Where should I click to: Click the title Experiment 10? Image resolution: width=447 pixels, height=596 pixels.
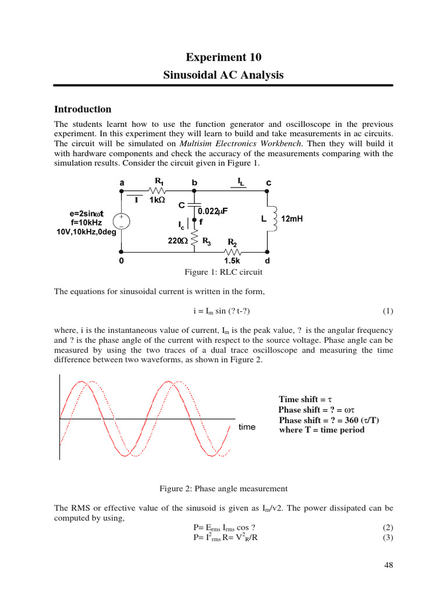point(223,57)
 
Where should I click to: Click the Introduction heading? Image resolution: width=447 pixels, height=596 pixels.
point(82,109)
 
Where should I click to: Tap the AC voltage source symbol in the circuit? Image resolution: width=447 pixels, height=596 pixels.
point(122,221)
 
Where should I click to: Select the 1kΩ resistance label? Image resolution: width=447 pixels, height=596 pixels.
point(158,200)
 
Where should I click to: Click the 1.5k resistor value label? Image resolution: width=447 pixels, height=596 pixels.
point(232,261)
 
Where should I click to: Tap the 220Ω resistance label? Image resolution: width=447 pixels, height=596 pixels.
point(177,240)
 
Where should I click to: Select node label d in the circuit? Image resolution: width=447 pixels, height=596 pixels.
point(267,261)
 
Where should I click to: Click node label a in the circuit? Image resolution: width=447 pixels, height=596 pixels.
point(122,183)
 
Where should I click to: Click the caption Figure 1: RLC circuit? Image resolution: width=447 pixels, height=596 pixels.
point(223,272)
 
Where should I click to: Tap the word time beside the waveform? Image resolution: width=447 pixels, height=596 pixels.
point(247,427)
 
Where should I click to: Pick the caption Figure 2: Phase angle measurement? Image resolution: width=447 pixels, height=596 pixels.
point(223,488)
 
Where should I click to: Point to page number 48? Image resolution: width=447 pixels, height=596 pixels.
point(389,566)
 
